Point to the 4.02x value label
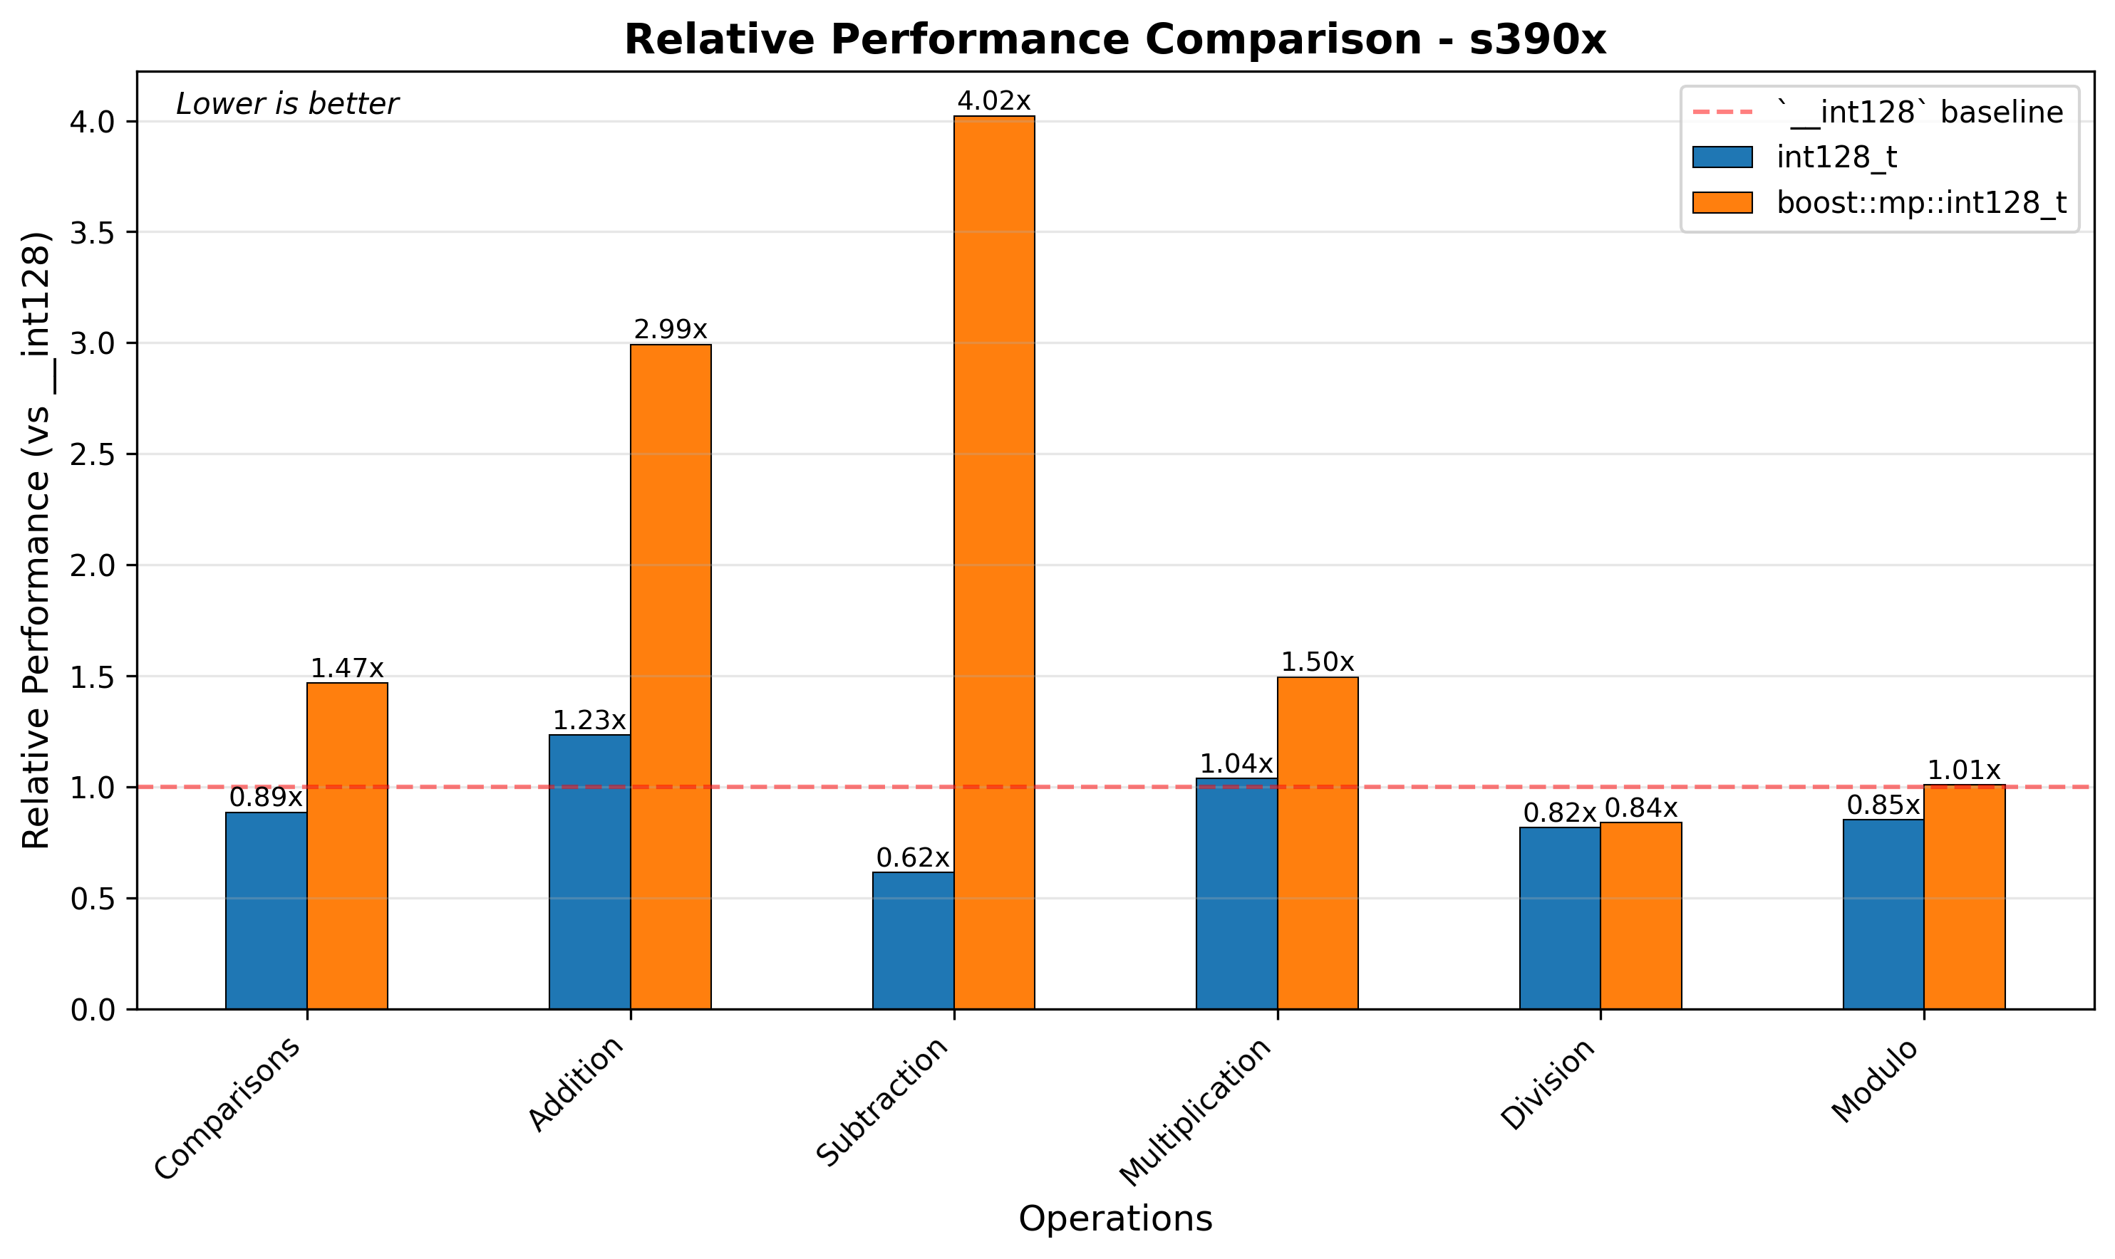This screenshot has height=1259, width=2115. (x=994, y=102)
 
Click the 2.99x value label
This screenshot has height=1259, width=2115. (x=671, y=330)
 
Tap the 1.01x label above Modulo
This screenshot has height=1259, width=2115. (x=1964, y=770)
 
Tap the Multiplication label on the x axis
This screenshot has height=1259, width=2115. (x=1196, y=1112)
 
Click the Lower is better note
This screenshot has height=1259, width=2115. (x=287, y=105)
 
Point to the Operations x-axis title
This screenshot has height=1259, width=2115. (x=1115, y=1219)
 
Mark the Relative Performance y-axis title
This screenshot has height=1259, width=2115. (x=36, y=540)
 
